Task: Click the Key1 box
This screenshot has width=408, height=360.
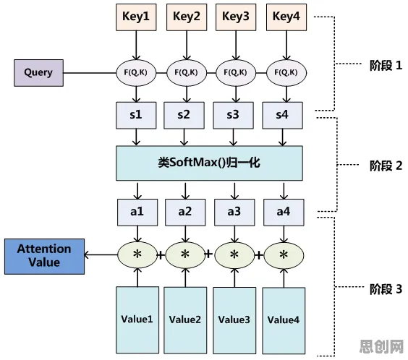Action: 136,17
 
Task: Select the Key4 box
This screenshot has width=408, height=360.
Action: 286,17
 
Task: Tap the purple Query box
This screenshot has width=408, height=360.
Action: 38,73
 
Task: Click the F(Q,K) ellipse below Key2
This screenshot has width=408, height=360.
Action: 187,73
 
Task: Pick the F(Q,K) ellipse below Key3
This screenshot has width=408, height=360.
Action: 236,73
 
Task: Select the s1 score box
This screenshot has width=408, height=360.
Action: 136,115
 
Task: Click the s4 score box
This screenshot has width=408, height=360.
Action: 282,115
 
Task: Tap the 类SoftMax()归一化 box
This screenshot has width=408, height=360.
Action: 209,163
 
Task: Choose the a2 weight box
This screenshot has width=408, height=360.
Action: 185,213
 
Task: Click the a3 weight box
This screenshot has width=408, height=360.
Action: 234,213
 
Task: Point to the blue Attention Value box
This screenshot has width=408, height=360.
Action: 45,257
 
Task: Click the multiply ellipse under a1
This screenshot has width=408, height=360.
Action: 137,254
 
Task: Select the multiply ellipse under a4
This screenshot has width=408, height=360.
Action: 284,254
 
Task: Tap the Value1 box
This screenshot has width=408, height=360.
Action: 137,320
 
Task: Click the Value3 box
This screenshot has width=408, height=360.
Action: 234,320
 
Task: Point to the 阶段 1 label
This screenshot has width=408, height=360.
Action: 386,65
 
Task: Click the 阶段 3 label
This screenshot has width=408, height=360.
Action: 386,289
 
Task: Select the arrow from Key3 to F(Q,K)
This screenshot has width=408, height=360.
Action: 236,46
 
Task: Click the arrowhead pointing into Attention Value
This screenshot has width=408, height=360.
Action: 87,255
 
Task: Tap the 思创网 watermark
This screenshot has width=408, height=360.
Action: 381,346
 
